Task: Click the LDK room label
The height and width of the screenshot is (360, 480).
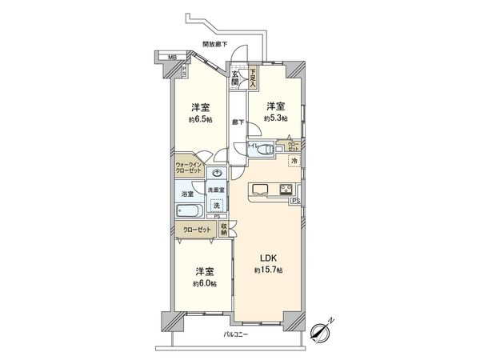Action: point(269,258)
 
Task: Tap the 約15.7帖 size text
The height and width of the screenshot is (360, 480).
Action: point(269,271)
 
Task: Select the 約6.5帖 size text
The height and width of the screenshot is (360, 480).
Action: point(201,119)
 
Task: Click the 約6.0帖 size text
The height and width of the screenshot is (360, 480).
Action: point(204,283)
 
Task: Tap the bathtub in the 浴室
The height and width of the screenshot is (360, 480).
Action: point(192,212)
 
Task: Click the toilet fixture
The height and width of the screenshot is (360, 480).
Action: point(265,146)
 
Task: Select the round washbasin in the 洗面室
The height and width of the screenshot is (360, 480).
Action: point(217,173)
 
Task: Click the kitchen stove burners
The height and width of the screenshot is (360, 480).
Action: point(285,190)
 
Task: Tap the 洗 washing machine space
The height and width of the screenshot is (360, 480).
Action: point(216,206)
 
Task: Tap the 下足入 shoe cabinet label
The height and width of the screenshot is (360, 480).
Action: point(252,77)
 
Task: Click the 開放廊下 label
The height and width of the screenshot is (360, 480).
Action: point(214,45)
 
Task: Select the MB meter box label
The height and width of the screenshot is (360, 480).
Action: point(170,57)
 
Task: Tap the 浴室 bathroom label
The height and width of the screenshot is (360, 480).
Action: point(186,194)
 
